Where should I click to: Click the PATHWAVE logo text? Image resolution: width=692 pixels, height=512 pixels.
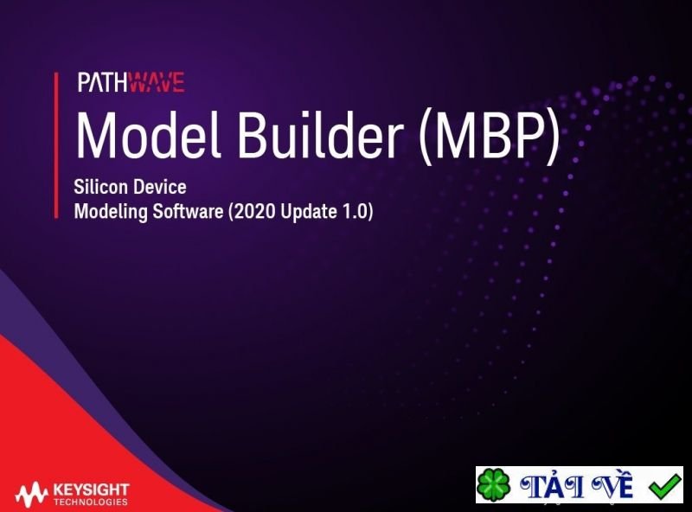pyautogui.click(x=131, y=83)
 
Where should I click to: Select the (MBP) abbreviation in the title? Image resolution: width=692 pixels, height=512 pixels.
pyautogui.click(x=490, y=137)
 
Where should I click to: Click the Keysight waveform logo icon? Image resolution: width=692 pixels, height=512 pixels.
pyautogui.click(x=30, y=495)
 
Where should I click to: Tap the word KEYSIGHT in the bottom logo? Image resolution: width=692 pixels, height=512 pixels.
pyautogui.click(x=90, y=490)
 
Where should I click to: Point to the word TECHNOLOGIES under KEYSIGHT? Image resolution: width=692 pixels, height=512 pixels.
pyautogui.click(x=90, y=502)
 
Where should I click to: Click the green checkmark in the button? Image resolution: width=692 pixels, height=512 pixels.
pyautogui.click(x=664, y=486)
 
